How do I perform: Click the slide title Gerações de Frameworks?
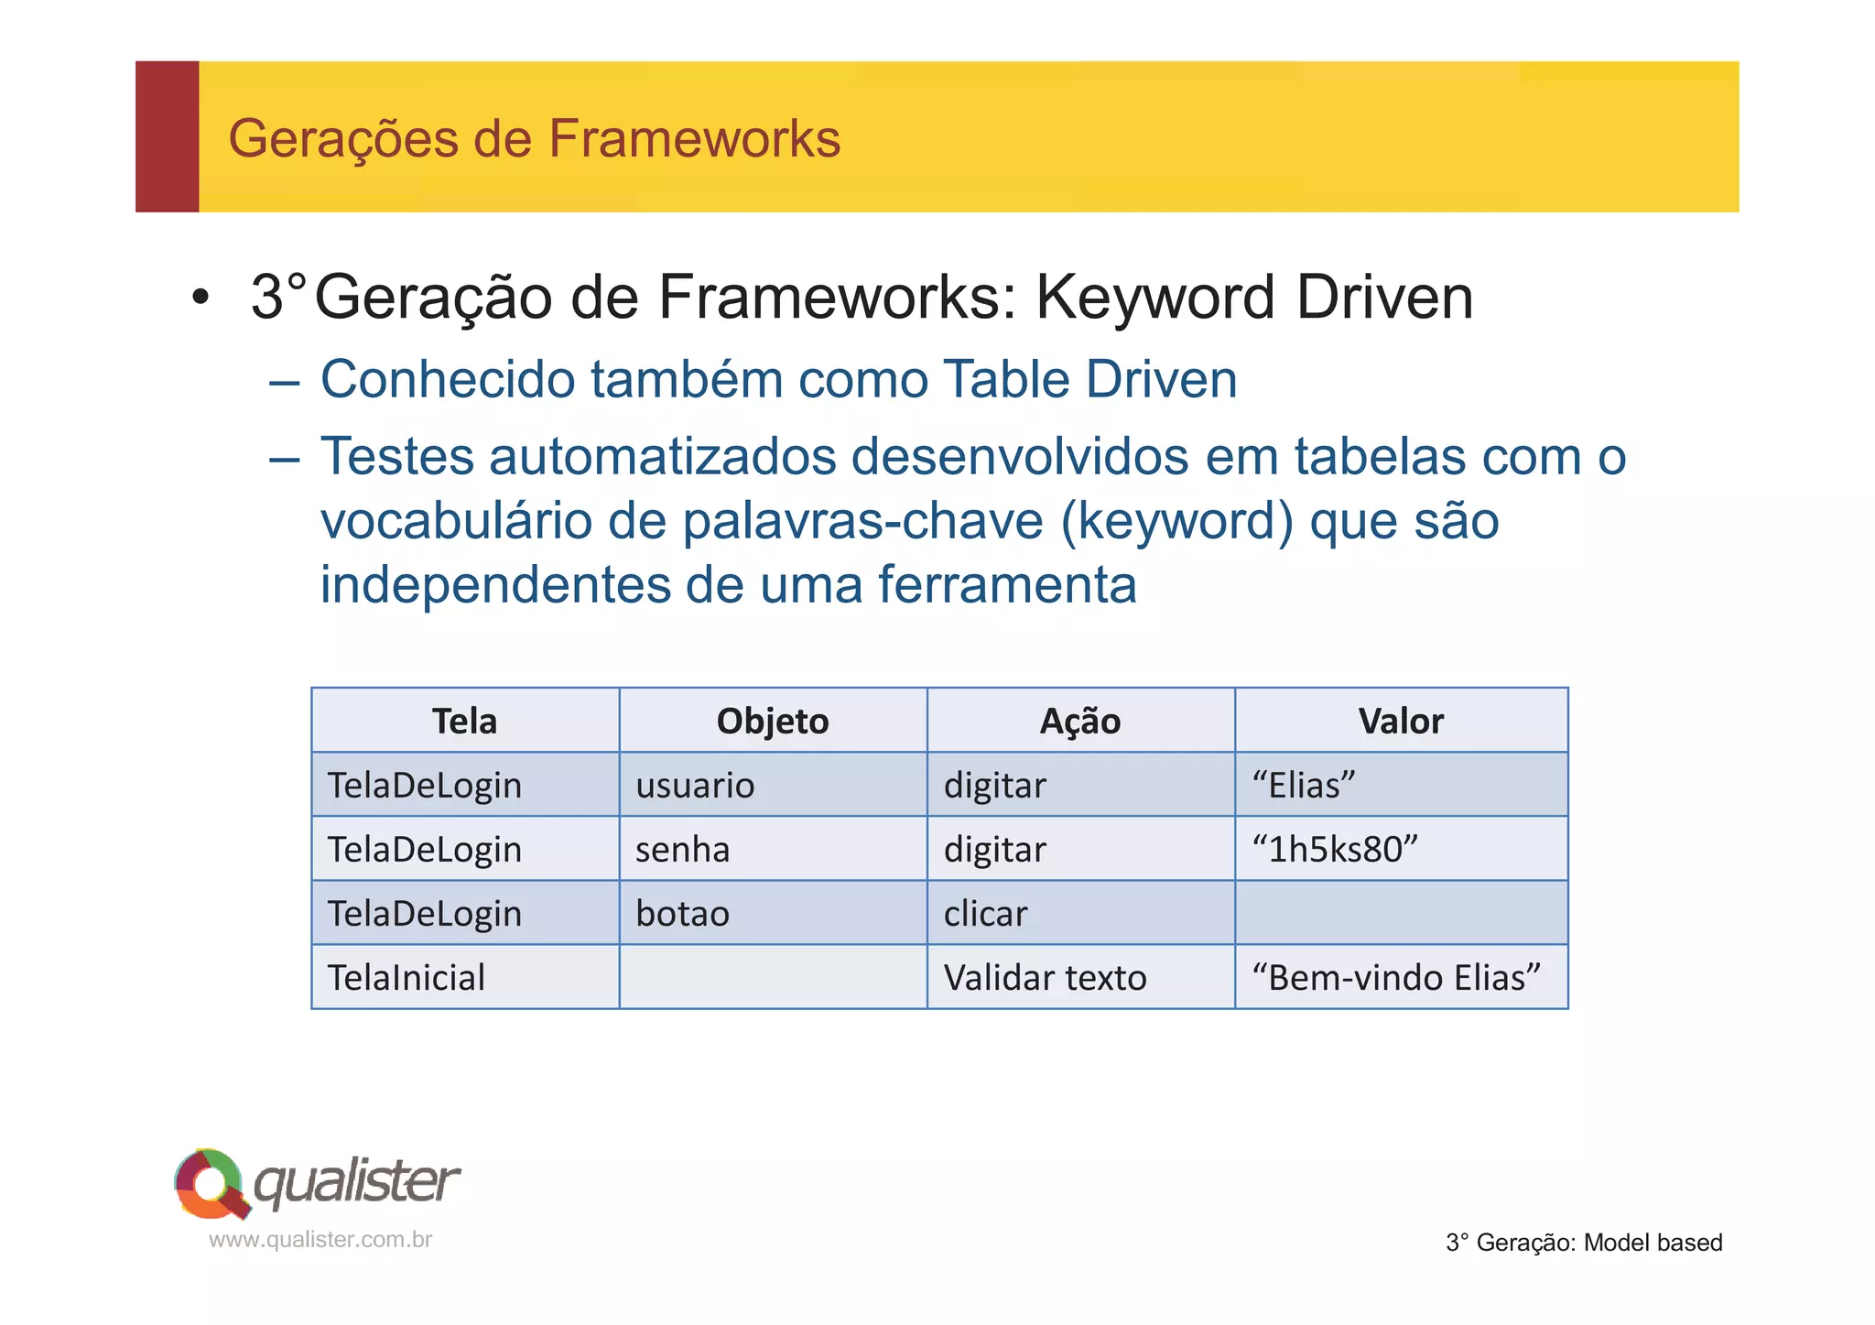click(x=534, y=139)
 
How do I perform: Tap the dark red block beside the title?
click(x=167, y=137)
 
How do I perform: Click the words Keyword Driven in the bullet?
click(x=1253, y=298)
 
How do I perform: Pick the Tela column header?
click(x=464, y=722)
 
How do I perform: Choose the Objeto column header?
click(x=773, y=722)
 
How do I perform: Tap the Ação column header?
click(x=1080, y=722)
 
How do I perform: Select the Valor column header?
click(x=1401, y=722)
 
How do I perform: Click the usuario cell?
click(x=695, y=786)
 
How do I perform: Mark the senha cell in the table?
click(x=683, y=850)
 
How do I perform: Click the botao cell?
click(x=683, y=914)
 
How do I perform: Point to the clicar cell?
click(x=986, y=914)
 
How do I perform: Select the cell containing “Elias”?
click(x=1304, y=786)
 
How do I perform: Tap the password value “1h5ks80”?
click(x=1335, y=850)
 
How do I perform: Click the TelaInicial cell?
click(x=406, y=978)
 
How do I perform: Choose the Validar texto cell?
click(x=1045, y=978)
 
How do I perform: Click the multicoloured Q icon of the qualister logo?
click(x=211, y=1183)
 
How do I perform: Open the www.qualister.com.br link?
click(x=320, y=1240)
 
